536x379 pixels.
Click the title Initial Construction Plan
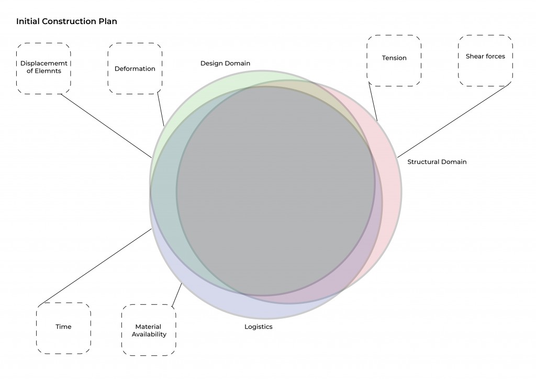coord(66,22)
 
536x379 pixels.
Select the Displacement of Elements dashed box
coord(44,68)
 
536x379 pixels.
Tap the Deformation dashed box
coord(135,69)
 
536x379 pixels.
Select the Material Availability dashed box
coord(149,330)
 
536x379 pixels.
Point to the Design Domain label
coord(225,63)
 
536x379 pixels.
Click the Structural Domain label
coord(437,162)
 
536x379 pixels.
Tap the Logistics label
coord(259,327)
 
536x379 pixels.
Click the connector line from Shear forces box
coord(454,120)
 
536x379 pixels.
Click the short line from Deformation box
coord(161,109)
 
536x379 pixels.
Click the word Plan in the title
coord(108,22)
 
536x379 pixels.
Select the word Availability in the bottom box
coord(149,335)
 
